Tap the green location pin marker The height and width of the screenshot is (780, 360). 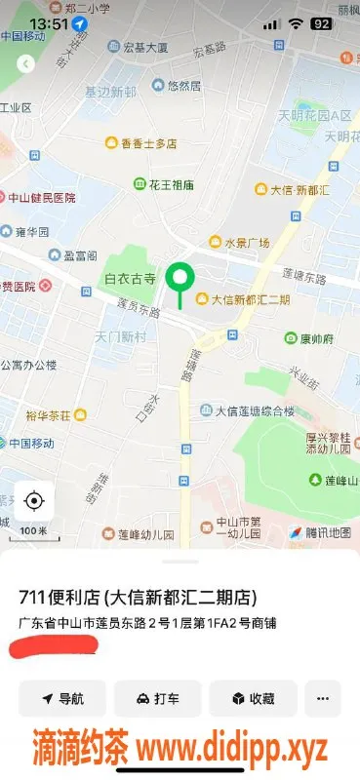point(179,280)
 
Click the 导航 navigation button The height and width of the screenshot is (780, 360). point(62,699)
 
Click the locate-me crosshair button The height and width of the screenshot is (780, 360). point(34,501)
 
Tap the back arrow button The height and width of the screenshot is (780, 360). point(26,63)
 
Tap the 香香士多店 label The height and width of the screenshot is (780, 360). point(148,144)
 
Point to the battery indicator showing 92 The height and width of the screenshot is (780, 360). point(321,22)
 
